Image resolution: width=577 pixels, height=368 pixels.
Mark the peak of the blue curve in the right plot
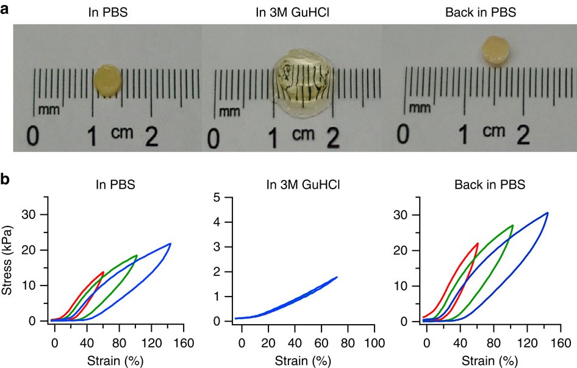coord(547,213)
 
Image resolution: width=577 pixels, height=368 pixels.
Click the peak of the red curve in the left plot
coord(103,272)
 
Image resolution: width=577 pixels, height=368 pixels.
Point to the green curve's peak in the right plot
coord(513,225)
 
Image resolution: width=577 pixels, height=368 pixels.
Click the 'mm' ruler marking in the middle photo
coord(230,111)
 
